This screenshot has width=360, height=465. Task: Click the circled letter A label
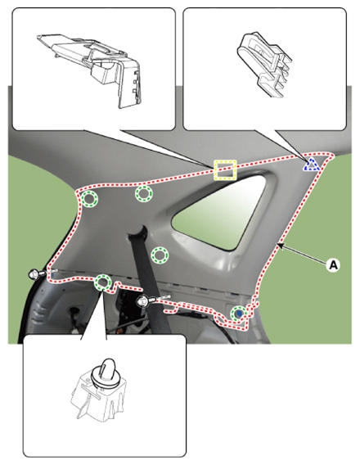point(334,264)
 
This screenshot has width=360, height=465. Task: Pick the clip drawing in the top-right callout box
point(264,65)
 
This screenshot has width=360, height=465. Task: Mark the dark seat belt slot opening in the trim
point(138,232)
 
